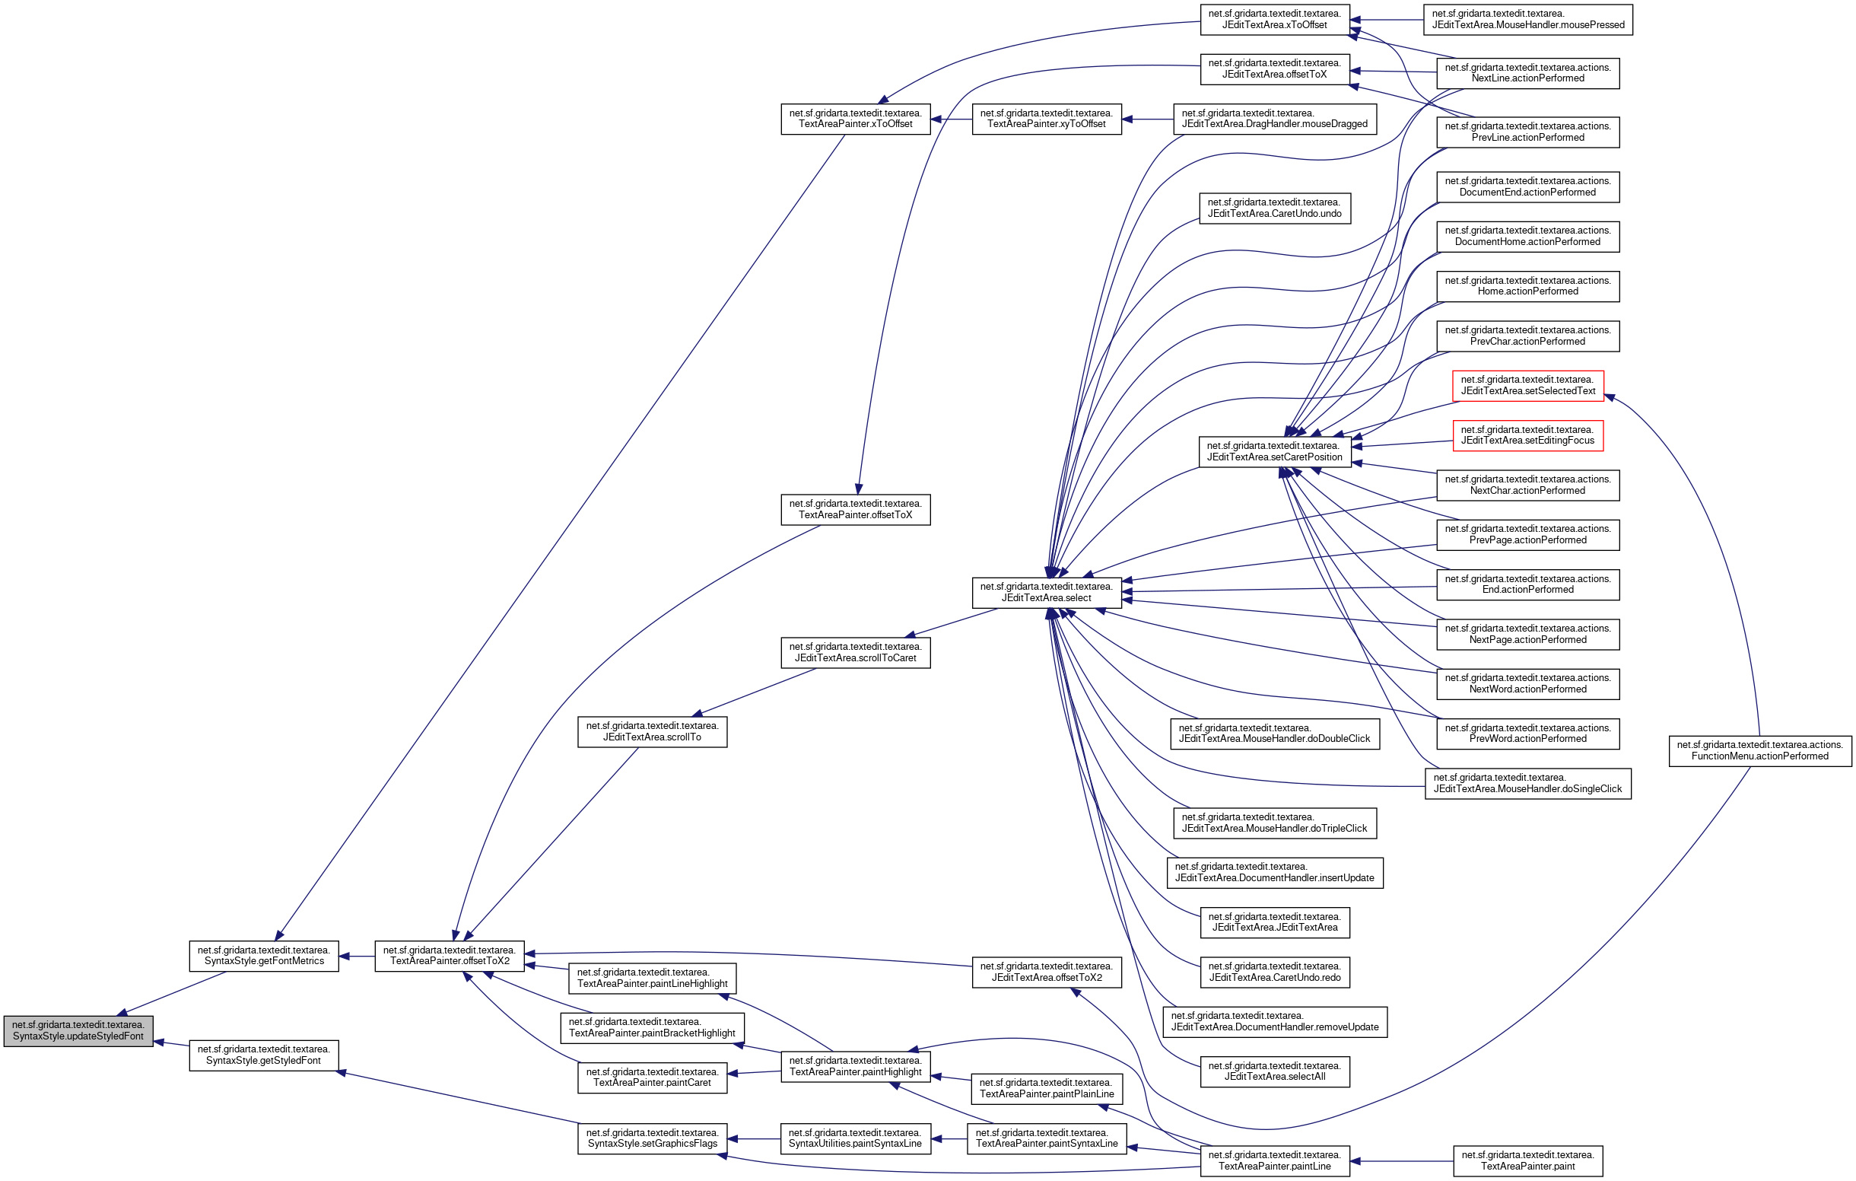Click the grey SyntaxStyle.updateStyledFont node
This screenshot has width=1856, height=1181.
[78, 1030]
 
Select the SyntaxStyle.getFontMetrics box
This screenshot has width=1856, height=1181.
[264, 956]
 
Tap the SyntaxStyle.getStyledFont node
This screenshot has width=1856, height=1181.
[264, 1055]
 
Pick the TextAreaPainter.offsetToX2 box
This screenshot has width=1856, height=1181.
[450, 956]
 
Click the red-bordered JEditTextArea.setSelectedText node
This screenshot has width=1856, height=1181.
[1527, 386]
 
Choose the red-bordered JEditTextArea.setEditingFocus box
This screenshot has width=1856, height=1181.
[1527, 435]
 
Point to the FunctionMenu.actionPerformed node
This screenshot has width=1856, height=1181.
[1759, 751]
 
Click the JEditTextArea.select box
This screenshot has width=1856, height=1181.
[1046, 592]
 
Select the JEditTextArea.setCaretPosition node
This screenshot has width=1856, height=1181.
[1274, 452]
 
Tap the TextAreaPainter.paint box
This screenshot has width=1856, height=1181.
[1527, 1161]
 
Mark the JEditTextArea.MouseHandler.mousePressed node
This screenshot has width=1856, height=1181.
[1527, 19]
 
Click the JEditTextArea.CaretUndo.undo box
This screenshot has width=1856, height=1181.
[1274, 209]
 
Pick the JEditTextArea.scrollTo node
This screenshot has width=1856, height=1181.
[652, 731]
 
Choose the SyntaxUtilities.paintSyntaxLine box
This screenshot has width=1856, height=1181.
[855, 1138]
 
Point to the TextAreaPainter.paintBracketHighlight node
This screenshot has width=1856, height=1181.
[652, 1027]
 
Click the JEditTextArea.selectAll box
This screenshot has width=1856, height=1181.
[1274, 1071]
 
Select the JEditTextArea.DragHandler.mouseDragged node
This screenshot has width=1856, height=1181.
[1274, 119]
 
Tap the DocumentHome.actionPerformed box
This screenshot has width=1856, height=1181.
[1527, 236]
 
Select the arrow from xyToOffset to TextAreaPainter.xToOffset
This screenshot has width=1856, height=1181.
[951, 119]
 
